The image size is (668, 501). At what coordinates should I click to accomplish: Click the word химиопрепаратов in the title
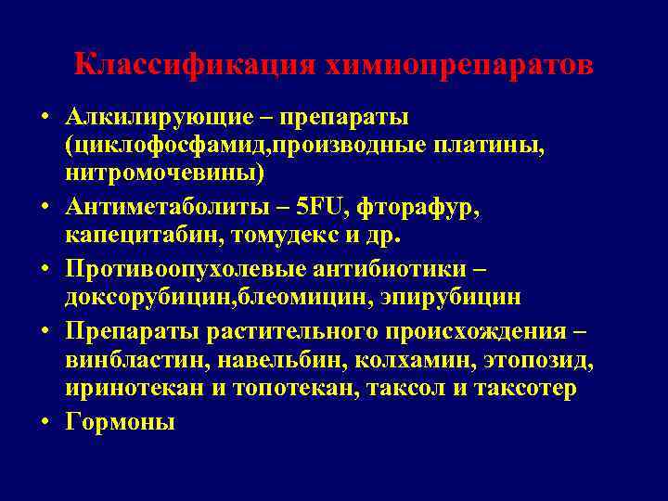(459, 66)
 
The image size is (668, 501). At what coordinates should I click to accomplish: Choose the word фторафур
(430, 208)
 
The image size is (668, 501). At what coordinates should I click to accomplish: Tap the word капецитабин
(132, 235)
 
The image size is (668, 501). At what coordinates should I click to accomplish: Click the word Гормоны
(120, 421)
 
